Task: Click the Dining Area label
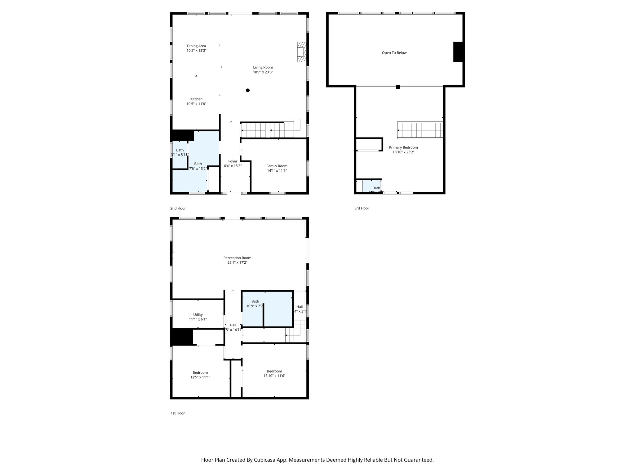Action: pos(196,46)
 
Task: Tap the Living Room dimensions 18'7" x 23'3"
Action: pos(263,72)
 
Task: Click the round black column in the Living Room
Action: pos(248,90)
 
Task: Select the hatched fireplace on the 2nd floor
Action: pos(301,52)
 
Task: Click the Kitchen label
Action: pos(196,99)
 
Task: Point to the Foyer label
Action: pos(233,161)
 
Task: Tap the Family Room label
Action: pos(277,166)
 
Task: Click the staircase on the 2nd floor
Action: pos(270,130)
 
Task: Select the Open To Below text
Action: pos(394,53)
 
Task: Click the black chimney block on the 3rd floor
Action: pos(458,52)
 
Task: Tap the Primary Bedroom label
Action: pos(403,148)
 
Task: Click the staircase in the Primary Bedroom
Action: pos(420,130)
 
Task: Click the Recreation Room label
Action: pos(237,258)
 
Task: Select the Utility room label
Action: pos(198,315)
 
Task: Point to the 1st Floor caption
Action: pos(178,413)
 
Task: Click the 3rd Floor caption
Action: pos(362,208)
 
